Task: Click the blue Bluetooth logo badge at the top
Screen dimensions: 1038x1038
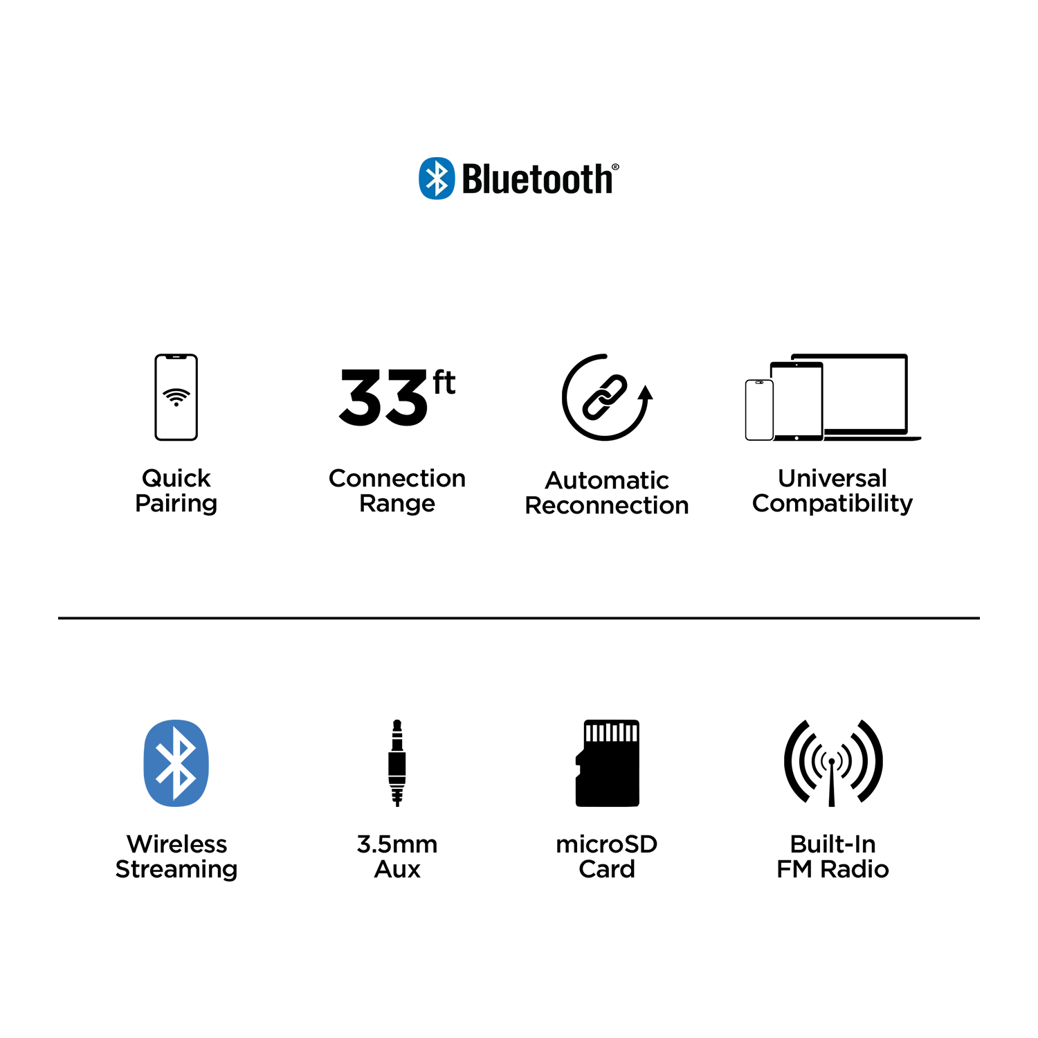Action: [437, 179]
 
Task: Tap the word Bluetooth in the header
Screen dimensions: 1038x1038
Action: [537, 179]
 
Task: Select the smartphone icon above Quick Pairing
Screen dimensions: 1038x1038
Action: [176, 397]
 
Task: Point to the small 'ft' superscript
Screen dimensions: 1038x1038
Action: [444, 383]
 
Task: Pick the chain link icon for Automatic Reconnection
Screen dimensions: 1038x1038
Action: [605, 397]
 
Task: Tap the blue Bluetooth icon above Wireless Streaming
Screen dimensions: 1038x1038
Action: [176, 763]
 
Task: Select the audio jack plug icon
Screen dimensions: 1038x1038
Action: [397, 763]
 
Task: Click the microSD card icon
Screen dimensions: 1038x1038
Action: [608, 763]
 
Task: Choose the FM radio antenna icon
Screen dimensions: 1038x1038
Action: [832, 763]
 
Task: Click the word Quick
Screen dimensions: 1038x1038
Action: [176, 478]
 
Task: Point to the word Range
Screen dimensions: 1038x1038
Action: [397, 504]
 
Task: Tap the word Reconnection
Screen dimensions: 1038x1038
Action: [607, 506]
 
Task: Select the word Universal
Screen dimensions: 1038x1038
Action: [832, 478]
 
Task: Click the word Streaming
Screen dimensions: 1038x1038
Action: [176, 870]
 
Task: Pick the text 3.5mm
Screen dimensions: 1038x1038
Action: [397, 844]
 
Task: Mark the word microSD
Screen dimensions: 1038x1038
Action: [607, 844]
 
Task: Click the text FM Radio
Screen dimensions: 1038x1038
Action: [832, 869]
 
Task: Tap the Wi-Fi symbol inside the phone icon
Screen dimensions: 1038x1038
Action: [176, 397]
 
